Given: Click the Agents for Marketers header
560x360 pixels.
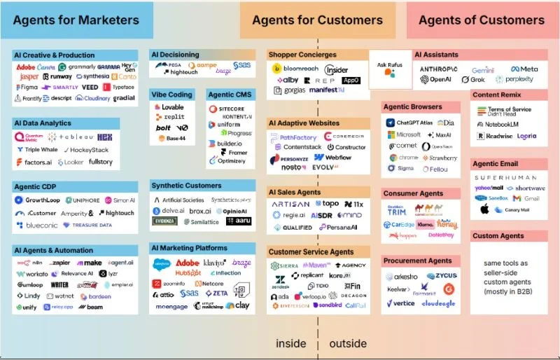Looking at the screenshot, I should pyautogui.click(x=76, y=20).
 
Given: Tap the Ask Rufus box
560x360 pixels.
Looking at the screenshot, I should pyautogui.click(x=390, y=69).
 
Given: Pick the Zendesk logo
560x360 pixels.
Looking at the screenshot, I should pyautogui.click(x=281, y=282).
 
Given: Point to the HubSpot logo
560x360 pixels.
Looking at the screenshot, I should pyautogui.click(x=188, y=273).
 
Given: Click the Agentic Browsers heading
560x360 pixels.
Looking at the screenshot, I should pyautogui.click(x=412, y=106).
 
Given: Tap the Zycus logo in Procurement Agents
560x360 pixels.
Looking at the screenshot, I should pyautogui.click(x=440, y=277).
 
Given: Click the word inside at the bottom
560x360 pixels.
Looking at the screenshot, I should pyautogui.click(x=290, y=344).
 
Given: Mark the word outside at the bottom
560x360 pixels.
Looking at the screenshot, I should pyautogui.click(x=347, y=344).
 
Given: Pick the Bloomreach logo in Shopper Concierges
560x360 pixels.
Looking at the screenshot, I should pyautogui.click(x=297, y=69).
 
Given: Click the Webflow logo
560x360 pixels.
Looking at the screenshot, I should pyautogui.click(x=335, y=158).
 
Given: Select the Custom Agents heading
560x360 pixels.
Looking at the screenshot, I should pyautogui.click(x=498, y=236).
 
